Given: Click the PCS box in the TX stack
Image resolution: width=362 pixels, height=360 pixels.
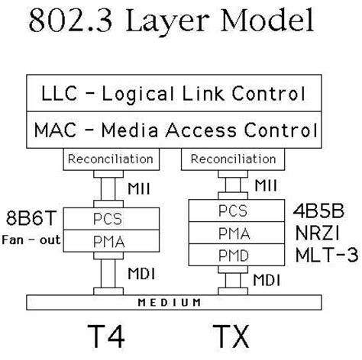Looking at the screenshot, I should (x=232, y=210).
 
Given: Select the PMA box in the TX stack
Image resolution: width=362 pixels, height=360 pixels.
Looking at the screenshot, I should (x=232, y=231).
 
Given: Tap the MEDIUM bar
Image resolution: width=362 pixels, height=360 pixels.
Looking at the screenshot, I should (x=180, y=302).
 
